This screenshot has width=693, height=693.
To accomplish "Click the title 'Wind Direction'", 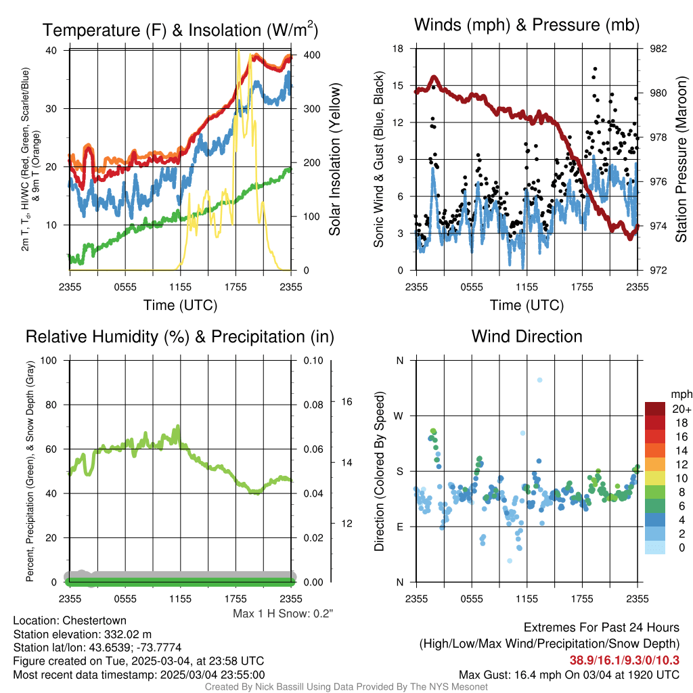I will click(527, 336).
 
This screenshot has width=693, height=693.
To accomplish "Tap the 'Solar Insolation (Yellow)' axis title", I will click(334, 160).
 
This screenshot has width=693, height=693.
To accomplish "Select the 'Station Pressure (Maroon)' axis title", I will click(681, 160).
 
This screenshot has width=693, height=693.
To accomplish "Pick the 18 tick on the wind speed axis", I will click(399, 49).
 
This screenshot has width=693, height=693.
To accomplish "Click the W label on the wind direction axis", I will click(399, 416).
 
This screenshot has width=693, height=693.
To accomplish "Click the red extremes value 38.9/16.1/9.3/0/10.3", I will click(624, 661).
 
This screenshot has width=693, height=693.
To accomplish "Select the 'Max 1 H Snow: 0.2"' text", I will click(283, 613).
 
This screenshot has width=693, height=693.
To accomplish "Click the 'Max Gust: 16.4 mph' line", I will click(568, 674).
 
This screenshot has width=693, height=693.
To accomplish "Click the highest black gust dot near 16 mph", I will click(595, 69).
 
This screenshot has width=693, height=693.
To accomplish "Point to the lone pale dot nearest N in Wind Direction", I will click(539, 380).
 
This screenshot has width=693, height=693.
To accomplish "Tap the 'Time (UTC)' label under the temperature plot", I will click(180, 305).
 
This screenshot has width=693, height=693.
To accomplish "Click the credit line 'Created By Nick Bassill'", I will click(346, 687).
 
